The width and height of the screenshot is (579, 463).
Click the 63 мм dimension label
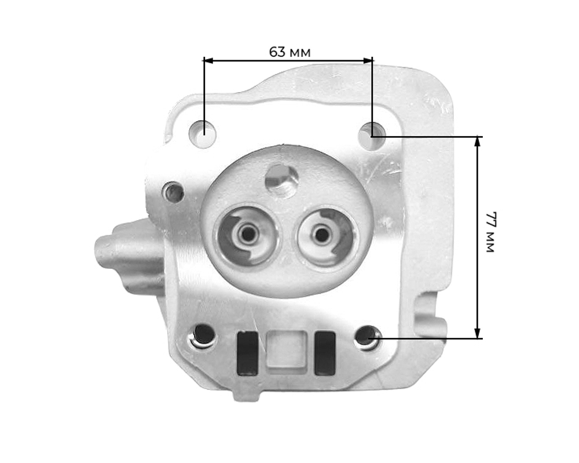(289, 52)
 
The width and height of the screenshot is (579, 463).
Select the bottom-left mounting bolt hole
(203, 335)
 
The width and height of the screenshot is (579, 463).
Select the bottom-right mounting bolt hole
(368, 338)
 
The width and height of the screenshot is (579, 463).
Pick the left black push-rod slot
(247, 353)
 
